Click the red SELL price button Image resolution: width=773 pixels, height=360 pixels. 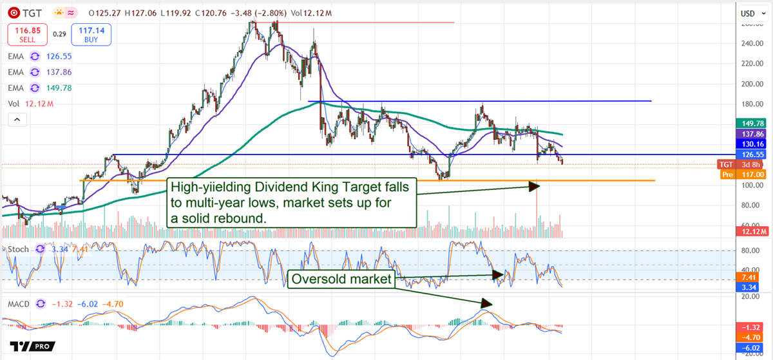pyautogui.click(x=27, y=33)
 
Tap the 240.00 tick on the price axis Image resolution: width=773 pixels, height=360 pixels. pyautogui.click(x=749, y=44)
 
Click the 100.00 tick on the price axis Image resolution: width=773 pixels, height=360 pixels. pyautogui.click(x=749, y=204)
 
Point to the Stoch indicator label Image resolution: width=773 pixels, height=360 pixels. pyautogui.click(x=18, y=249)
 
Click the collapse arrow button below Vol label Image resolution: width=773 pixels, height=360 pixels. pyautogui.click(x=17, y=120)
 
